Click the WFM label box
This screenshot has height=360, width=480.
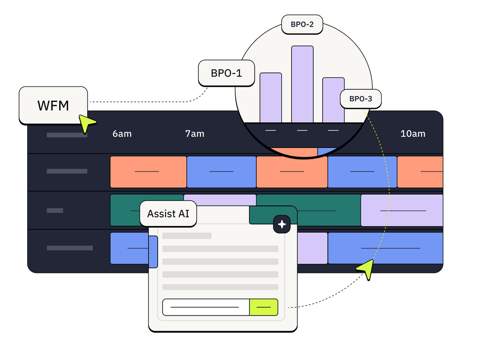[x=53, y=105]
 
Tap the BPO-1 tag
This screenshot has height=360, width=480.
[x=226, y=73]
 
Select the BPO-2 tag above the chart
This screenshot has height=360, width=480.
[x=302, y=24]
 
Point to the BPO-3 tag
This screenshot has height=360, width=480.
[x=360, y=99]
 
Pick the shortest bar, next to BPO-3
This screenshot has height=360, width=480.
[x=333, y=100]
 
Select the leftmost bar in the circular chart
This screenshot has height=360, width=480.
[x=271, y=97]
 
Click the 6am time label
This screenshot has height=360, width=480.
[x=122, y=134]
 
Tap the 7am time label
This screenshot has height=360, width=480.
[x=195, y=134]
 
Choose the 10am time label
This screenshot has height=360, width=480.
[x=413, y=134]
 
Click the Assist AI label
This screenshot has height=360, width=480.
[x=168, y=214]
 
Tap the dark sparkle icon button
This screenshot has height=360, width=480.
[x=282, y=224]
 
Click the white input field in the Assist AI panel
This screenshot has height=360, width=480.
[x=205, y=307]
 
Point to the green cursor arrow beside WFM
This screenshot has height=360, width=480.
[x=86, y=122]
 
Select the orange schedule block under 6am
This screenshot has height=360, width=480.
[x=148, y=172]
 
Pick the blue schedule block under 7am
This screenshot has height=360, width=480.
[x=221, y=172]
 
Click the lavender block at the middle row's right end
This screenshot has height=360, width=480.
[x=402, y=210]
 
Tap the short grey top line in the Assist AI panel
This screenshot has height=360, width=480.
[x=187, y=236]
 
